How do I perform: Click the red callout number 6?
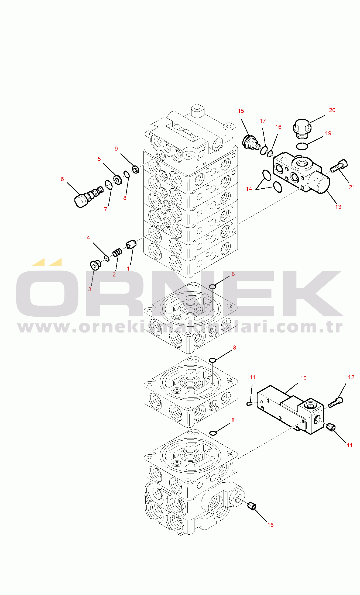point(62,179)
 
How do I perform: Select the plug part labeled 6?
point(88,197)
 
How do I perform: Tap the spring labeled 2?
point(117,252)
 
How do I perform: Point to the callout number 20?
point(332,110)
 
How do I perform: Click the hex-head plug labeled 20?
point(302,129)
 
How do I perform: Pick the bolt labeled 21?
point(339,166)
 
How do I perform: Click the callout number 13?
point(338,207)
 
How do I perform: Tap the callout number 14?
point(249,189)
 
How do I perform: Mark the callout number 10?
point(303,378)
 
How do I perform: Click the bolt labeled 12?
point(336,402)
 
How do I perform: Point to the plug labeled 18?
point(252,506)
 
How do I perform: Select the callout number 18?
point(270,525)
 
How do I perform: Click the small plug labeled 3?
point(95,265)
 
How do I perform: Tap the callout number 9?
point(116,149)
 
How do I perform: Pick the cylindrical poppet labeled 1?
point(131,244)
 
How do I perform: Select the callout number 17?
point(263,121)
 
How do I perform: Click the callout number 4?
point(88,238)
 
